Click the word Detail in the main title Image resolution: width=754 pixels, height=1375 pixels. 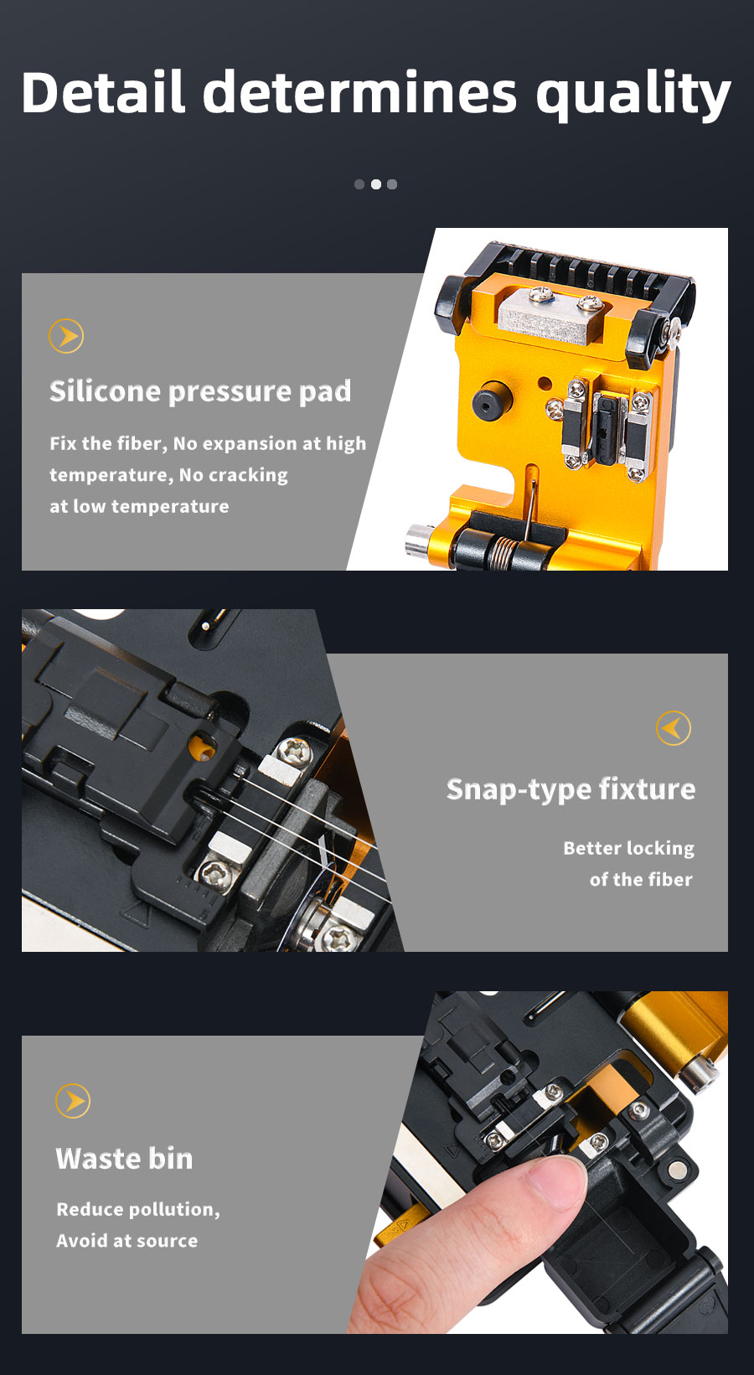[x=103, y=92]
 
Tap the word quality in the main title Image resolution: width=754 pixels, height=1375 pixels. [x=633, y=96]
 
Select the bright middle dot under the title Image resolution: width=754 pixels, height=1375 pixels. [x=376, y=184]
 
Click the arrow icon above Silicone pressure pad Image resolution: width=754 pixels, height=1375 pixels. [x=66, y=336]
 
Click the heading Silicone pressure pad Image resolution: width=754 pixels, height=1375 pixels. [x=200, y=391]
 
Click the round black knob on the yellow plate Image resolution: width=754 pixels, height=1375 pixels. [x=492, y=401]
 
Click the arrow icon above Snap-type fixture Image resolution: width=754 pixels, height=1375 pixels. [x=673, y=728]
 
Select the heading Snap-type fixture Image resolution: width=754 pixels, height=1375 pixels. [x=571, y=790]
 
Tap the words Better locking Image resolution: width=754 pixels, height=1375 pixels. [x=629, y=848]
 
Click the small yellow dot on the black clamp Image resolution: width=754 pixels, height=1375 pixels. [x=201, y=748]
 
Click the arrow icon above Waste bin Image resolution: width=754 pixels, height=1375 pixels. [x=72, y=1101]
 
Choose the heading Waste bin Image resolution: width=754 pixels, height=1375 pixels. [x=124, y=1159]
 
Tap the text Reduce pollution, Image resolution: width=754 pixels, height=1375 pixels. [x=138, y=1209]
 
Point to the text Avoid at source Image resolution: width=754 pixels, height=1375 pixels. [x=127, y=1241]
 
